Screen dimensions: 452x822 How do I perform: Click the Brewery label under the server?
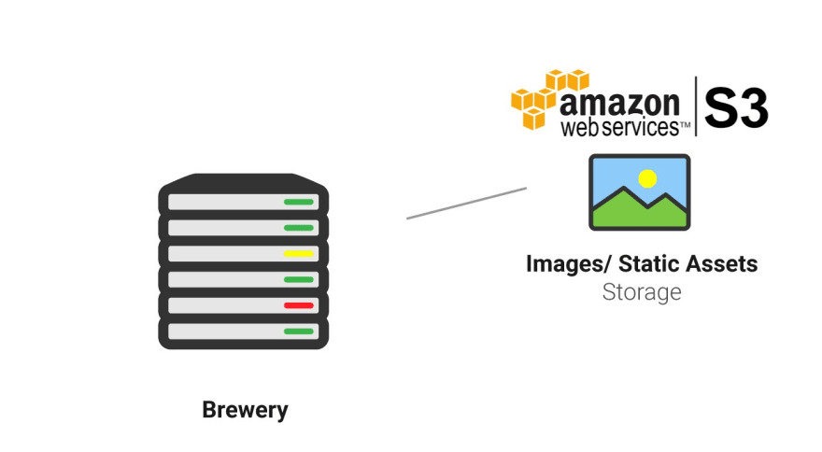tap(245, 410)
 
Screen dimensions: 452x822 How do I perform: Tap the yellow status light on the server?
tap(298, 253)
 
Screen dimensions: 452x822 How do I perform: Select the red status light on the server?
tap(298, 305)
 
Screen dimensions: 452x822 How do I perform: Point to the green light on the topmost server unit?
tap(298, 202)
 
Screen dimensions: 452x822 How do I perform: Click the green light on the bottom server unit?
tap(298, 331)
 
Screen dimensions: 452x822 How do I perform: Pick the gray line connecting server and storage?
tap(466, 203)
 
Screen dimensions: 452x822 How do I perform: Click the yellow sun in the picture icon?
tap(647, 177)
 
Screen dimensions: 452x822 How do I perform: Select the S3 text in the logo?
tap(736, 107)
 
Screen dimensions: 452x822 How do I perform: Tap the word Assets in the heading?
tap(723, 264)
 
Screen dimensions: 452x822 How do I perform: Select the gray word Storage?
tap(641, 292)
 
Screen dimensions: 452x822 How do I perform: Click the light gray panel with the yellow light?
tap(224, 253)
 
